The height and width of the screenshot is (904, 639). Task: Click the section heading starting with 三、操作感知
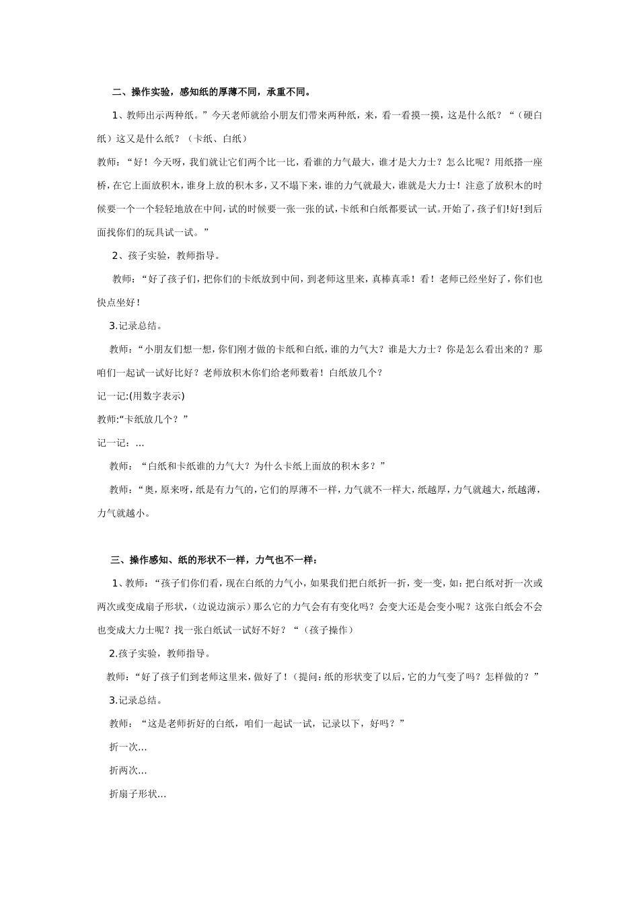coord(213,560)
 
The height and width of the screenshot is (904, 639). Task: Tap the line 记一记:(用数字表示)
coord(141,396)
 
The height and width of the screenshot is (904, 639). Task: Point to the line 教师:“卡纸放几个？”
coord(143,419)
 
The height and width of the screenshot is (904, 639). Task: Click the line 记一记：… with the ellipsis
coord(121,443)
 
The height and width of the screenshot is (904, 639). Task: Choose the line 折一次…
coord(128,747)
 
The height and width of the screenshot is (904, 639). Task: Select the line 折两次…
coord(128,770)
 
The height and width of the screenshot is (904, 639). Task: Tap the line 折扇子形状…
coord(138,794)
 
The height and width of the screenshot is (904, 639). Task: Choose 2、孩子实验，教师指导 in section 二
coord(166,256)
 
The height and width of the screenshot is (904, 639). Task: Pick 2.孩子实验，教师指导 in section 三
coord(161,653)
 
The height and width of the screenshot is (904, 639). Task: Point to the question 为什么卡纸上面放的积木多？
coord(321,466)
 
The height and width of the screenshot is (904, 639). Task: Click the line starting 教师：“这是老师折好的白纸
coord(256,723)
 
